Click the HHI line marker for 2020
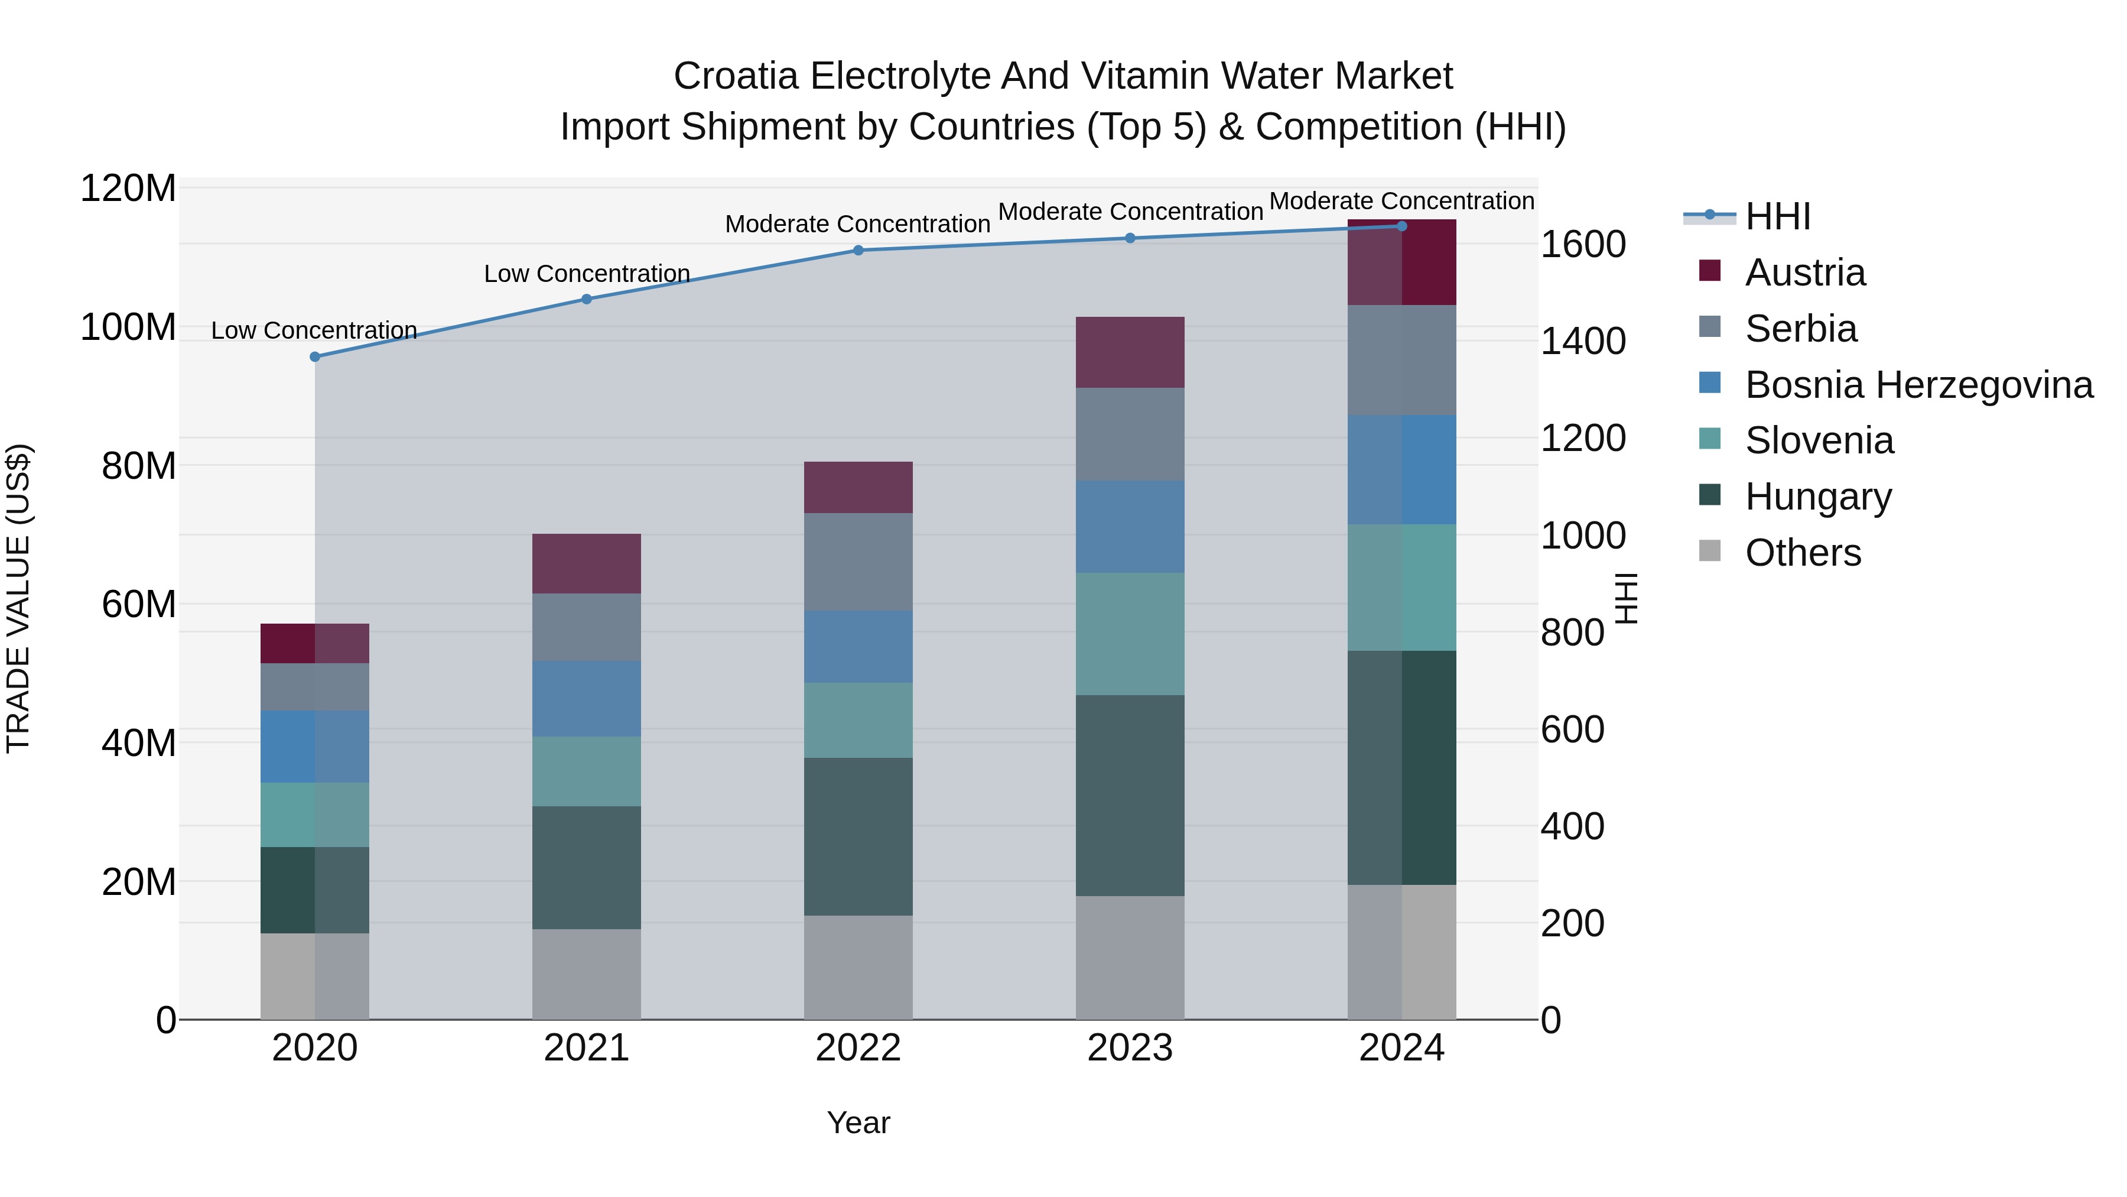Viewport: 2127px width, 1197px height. click(x=314, y=357)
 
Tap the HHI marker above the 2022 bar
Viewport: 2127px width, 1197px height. click(x=858, y=250)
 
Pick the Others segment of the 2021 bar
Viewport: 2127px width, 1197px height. click(x=586, y=974)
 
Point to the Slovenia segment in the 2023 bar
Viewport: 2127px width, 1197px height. click(x=1130, y=634)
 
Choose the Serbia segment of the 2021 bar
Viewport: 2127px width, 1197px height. click(x=586, y=627)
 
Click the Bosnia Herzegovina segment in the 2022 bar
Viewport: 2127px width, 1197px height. click(x=858, y=646)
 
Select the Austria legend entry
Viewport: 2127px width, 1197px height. click(x=1804, y=273)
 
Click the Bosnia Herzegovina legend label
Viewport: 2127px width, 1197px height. click(x=1918, y=385)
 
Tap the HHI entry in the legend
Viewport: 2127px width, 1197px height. click(x=1777, y=216)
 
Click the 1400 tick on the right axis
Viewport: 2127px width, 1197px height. click(x=1583, y=341)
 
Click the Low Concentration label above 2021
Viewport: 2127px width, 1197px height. click(x=586, y=274)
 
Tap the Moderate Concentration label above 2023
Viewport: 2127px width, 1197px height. click(x=1130, y=212)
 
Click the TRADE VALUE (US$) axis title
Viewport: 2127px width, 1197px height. click(x=18, y=598)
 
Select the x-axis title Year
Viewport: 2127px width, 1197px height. click(x=858, y=1123)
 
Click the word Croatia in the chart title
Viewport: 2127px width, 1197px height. click(x=735, y=76)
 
